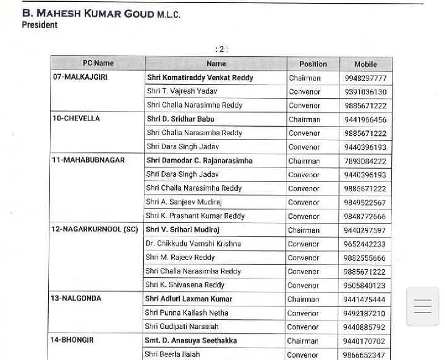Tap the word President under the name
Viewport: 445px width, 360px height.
pos(40,26)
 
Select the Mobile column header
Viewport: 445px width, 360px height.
pos(365,64)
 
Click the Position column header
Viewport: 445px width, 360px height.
pos(313,64)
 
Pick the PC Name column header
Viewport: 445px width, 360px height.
pos(98,63)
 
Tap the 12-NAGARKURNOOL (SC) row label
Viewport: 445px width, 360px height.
pos(94,230)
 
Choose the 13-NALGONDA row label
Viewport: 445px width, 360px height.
pos(76,298)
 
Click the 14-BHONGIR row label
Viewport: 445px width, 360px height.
pos(72,340)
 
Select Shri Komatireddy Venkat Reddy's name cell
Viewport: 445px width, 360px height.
pos(200,78)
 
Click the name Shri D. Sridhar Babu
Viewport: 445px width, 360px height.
pos(180,119)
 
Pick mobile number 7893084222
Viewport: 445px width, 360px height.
pos(365,161)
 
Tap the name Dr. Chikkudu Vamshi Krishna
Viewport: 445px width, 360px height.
pos(193,244)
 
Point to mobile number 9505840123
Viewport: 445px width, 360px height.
pos(365,286)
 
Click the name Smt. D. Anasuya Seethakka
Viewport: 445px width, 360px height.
pos(191,341)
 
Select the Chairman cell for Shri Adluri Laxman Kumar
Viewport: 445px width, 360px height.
pos(304,300)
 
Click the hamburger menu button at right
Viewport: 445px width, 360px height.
pos(422,306)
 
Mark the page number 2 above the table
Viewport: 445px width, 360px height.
pos(221,49)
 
